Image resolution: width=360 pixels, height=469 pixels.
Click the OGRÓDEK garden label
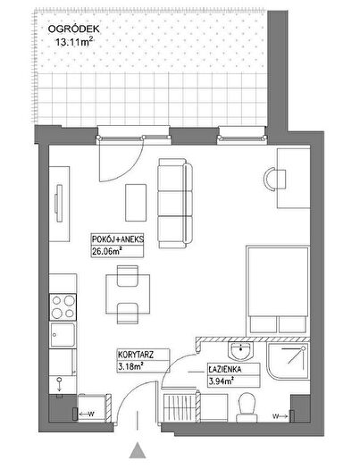pos(74,29)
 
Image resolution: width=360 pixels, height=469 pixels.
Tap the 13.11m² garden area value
pos(73,42)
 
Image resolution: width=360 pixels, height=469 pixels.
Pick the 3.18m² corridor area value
pos(130,366)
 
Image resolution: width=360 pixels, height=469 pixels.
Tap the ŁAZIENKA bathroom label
pos(225,370)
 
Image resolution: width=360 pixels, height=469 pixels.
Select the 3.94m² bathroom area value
pos(221,381)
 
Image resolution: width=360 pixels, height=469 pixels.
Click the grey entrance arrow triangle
pos(138,450)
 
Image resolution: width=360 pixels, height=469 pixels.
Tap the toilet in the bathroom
pos(247,407)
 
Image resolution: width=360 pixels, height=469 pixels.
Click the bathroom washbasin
pos(240,350)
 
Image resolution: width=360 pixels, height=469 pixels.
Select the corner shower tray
pos(288,362)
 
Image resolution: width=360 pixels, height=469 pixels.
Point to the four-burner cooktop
pos(63,307)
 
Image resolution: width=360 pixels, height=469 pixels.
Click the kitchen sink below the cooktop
pos(63,335)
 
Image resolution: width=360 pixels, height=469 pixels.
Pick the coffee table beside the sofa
pos(136,203)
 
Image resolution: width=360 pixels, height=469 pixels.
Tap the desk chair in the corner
pos(275,180)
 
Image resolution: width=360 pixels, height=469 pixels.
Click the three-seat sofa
pos(175,204)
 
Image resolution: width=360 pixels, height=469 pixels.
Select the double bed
pos(278,290)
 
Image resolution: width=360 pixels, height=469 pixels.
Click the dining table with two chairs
pos(128,295)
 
